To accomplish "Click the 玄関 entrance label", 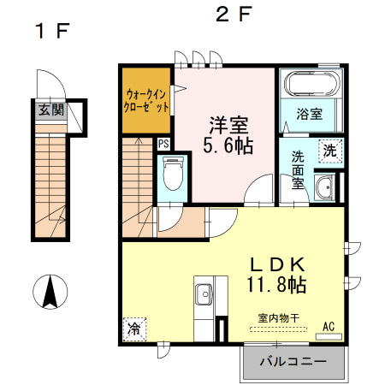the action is click(51, 110).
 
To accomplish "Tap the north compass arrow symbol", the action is click(50, 292).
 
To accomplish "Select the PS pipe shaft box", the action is click(163, 144).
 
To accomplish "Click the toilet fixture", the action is click(173, 174).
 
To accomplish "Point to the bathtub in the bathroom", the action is click(311, 84).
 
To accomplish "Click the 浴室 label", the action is click(310, 114).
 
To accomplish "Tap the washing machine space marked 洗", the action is click(330, 151).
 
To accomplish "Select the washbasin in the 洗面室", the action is click(324, 187).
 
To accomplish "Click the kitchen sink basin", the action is click(204, 294).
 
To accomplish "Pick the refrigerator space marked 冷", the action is click(134, 329).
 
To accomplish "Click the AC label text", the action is click(329, 327).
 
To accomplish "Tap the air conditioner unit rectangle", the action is click(329, 337).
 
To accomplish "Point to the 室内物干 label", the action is click(279, 318).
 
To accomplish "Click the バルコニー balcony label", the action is click(293, 362).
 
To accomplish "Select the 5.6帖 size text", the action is click(228, 145).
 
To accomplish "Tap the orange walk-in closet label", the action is click(146, 100).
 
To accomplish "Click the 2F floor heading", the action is click(234, 15).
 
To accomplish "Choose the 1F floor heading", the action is click(52, 31).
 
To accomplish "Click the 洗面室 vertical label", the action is click(298, 170).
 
